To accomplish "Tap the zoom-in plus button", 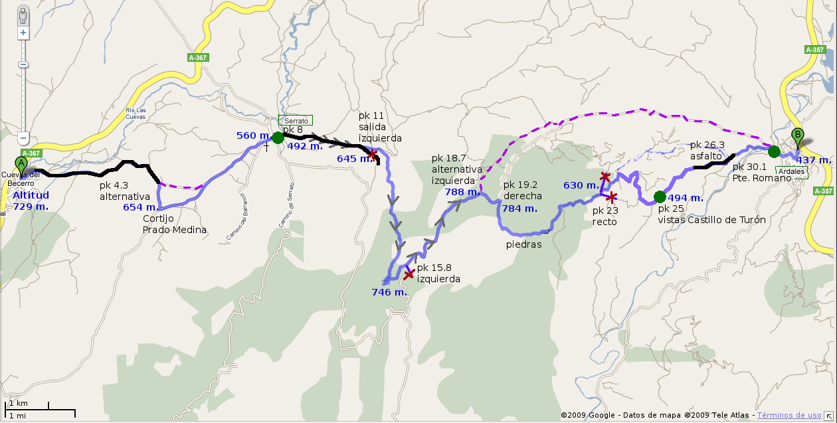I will pyautogui.click(x=23, y=33).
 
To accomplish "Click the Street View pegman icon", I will pyautogui.click(x=23, y=16).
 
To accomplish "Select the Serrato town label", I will pyautogui.click(x=296, y=121).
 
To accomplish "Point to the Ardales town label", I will pyautogui.click(x=791, y=171).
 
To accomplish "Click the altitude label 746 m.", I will pyautogui.click(x=389, y=292).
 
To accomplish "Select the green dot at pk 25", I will pyautogui.click(x=660, y=197).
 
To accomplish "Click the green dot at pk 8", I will pyautogui.click(x=278, y=137).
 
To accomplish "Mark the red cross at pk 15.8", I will pyautogui.click(x=409, y=274).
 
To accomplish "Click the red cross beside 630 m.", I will pyautogui.click(x=605, y=177).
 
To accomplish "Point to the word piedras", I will pyautogui.click(x=523, y=244).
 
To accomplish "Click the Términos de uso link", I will pyautogui.click(x=789, y=415).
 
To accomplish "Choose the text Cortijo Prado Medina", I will pyautogui.click(x=174, y=224).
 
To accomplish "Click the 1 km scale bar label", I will pyautogui.click(x=17, y=403).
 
